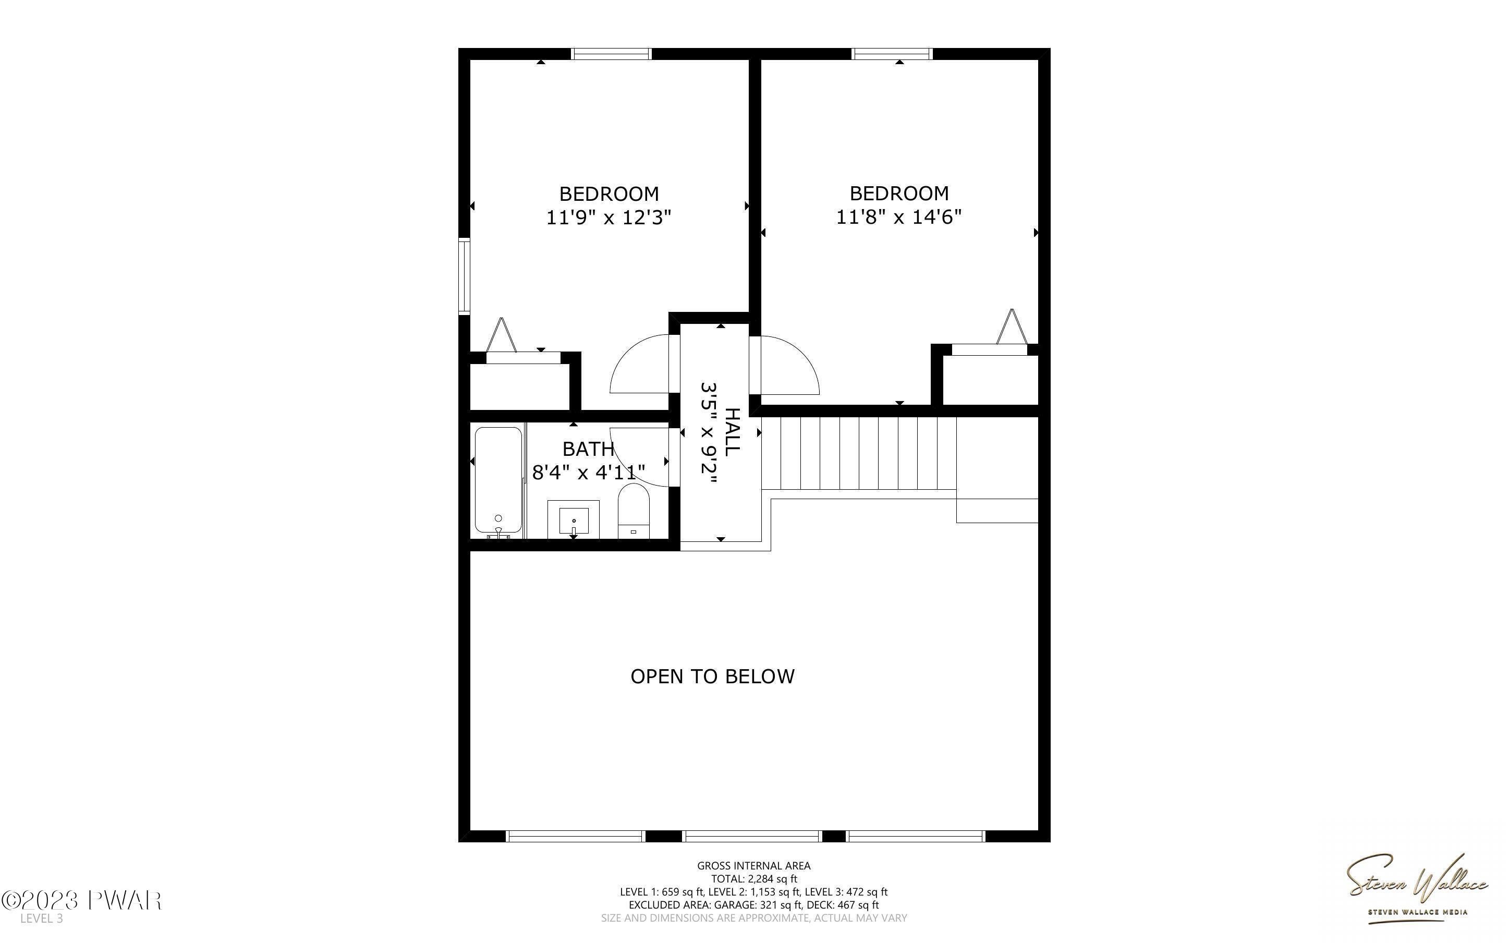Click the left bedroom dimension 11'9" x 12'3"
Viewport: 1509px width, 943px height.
pyautogui.click(x=609, y=217)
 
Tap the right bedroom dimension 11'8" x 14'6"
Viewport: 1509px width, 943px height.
pyautogui.click(x=898, y=217)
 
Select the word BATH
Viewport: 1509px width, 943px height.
pyautogui.click(x=588, y=449)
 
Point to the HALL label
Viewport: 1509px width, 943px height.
pyautogui.click(x=733, y=431)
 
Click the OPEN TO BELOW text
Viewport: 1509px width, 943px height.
pyautogui.click(x=712, y=676)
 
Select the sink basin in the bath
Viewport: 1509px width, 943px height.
pyautogui.click(x=574, y=519)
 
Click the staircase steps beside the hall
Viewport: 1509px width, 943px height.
pyautogui.click(x=859, y=453)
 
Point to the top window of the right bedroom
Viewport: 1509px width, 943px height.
pyautogui.click(x=892, y=54)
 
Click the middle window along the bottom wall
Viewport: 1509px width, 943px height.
pyautogui.click(x=752, y=837)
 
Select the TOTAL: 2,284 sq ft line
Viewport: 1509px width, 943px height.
pyautogui.click(x=753, y=879)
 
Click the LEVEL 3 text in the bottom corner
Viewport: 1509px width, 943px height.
pyautogui.click(x=41, y=918)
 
